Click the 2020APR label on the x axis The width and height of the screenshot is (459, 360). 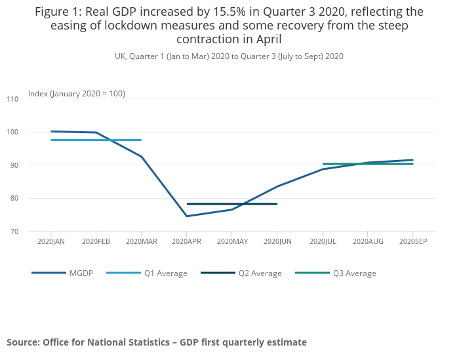point(186,242)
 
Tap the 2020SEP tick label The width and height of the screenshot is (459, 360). point(412,242)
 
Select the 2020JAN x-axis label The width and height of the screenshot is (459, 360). point(50,242)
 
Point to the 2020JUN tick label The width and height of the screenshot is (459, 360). point(277,242)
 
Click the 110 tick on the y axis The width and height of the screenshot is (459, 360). point(12,99)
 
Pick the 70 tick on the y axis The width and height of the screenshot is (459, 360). point(14,231)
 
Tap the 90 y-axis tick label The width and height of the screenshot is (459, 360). point(14,165)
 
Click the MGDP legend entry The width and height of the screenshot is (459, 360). point(82,273)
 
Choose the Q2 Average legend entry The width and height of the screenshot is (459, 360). point(260,273)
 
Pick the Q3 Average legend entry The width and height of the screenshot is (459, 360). point(355,273)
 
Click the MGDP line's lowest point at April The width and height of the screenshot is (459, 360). point(186,216)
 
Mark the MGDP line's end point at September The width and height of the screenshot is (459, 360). point(412,160)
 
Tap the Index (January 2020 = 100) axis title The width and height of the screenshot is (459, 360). point(76,94)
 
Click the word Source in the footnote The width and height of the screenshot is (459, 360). point(22,342)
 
